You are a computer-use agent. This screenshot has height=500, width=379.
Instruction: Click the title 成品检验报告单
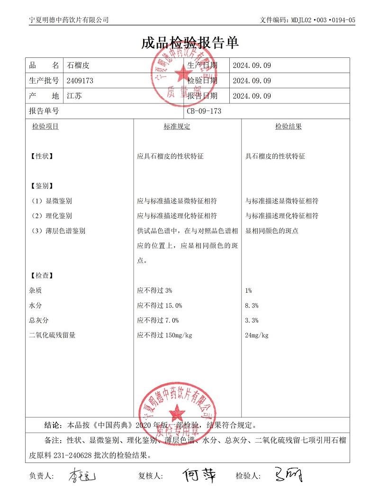pos(189,43)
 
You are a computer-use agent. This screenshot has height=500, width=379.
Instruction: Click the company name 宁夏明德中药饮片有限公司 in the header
pos(69,19)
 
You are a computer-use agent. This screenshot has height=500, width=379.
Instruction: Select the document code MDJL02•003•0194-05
pos(322,20)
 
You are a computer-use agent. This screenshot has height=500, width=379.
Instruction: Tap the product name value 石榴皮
pos(78,65)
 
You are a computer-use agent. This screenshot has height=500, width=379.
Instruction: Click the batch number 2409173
pos(80,81)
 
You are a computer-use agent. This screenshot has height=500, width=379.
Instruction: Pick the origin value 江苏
pos(74,96)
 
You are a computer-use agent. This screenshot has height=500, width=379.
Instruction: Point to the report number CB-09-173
pos(204,111)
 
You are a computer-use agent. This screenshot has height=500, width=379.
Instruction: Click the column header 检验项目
pos(45,127)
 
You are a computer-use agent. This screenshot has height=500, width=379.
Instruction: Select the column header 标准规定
pos(177,127)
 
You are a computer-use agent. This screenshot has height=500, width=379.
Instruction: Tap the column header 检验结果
pos(289,127)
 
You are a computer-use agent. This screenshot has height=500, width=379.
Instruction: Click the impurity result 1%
pos(249,290)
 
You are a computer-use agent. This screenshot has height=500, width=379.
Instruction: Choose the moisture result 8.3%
pos(252,306)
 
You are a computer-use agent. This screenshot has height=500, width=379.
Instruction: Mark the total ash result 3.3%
pos(252,320)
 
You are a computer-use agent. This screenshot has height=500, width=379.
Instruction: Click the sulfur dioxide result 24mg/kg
pos(257,335)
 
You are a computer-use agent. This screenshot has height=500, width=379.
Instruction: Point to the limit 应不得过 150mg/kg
pos(164,335)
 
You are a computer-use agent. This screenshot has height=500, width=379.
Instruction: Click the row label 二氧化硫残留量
pos(52,335)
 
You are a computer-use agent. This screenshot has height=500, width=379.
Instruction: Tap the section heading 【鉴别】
pos(41,186)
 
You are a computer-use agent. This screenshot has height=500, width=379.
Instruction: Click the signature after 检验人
pos(288,475)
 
